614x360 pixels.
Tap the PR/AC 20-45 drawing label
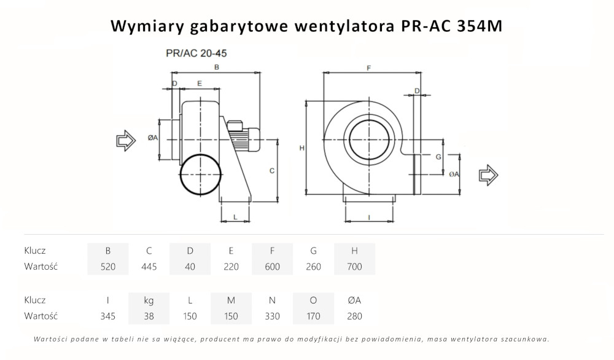pos(192,53)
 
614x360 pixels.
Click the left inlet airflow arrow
pos(126,140)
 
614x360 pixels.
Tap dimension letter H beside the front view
pos(301,148)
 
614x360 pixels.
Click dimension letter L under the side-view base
pos(236,217)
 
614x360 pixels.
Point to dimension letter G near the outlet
pos(438,157)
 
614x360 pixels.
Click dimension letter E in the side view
pos(200,82)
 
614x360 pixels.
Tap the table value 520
pos(108,267)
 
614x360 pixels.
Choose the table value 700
pos(354,267)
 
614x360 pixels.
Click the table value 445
pos(149,267)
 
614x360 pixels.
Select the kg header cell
pos(149,300)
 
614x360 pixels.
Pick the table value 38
pos(149,316)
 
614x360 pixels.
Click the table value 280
pos(354,316)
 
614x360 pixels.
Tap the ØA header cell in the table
pos(354,300)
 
